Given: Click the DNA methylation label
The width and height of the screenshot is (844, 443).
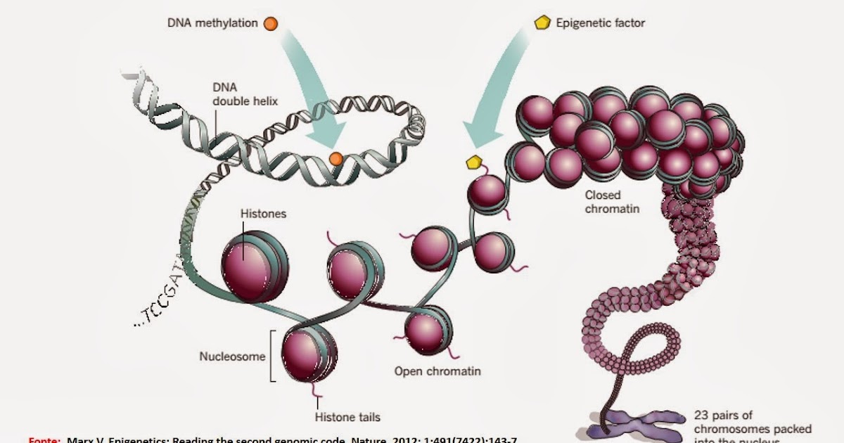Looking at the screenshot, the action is pyautogui.click(x=212, y=23).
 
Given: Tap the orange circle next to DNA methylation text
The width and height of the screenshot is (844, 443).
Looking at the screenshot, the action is pyautogui.click(x=271, y=24).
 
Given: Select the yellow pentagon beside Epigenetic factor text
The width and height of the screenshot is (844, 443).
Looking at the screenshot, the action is pyautogui.click(x=542, y=23).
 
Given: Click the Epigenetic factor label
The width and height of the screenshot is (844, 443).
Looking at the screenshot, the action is pyautogui.click(x=600, y=23).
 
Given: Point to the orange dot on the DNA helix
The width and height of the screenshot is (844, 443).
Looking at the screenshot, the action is pyautogui.click(x=335, y=158).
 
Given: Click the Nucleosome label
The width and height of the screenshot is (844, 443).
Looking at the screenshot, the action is pyautogui.click(x=233, y=356).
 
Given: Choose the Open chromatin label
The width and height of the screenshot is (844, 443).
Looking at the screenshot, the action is pyautogui.click(x=437, y=371).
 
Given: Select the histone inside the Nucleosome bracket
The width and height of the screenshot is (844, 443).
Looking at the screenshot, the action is pyautogui.click(x=307, y=354).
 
